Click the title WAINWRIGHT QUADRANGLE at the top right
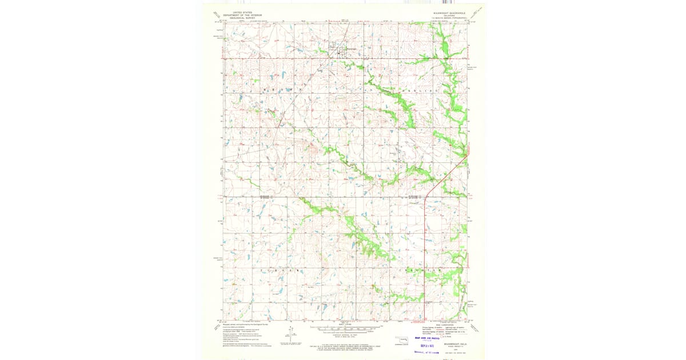click(x=449, y=12)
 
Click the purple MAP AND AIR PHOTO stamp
click(x=435, y=339)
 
